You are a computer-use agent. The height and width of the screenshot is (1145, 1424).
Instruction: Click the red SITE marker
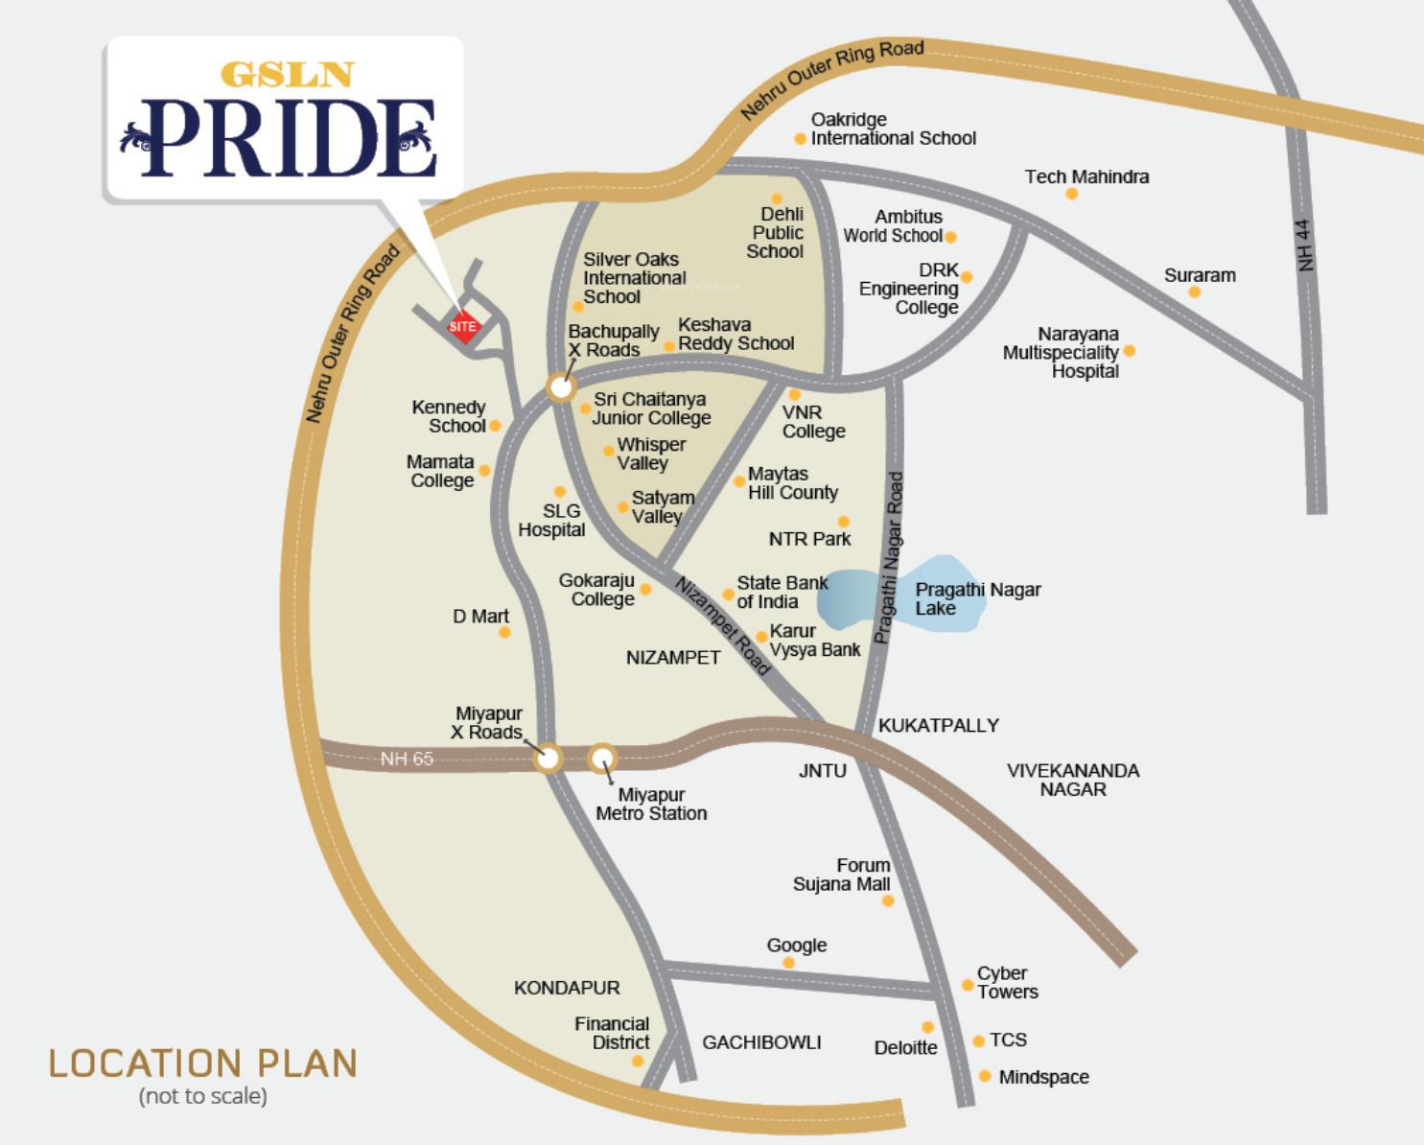[463, 326]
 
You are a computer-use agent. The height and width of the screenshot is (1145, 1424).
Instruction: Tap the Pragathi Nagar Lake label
[976, 598]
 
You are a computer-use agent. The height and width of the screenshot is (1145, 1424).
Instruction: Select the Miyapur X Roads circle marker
[548, 758]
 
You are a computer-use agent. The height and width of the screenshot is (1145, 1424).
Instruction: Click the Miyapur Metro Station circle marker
[601, 759]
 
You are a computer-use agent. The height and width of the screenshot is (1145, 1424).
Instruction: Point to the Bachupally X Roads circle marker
[561, 387]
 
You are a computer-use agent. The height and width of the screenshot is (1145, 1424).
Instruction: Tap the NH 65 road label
[407, 759]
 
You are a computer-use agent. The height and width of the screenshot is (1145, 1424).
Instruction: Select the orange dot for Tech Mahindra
[1071, 194]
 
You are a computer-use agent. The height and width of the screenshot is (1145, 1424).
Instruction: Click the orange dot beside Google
[788, 963]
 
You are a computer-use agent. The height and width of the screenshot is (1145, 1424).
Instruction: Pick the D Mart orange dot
[504, 632]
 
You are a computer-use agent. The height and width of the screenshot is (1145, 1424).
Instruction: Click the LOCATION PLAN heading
[203, 1063]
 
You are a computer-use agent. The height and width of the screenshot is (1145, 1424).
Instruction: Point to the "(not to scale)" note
[203, 1095]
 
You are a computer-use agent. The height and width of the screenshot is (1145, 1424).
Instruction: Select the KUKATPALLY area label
[938, 725]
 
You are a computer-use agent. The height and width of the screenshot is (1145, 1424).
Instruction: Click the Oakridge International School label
[893, 129]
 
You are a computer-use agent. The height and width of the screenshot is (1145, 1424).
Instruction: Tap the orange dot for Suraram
[1194, 292]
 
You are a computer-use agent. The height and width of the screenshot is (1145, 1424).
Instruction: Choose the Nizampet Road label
[722, 625]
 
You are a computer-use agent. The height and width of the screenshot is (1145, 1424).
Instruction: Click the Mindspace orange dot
[985, 1076]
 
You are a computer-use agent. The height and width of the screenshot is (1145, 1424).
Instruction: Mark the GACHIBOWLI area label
[761, 1042]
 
